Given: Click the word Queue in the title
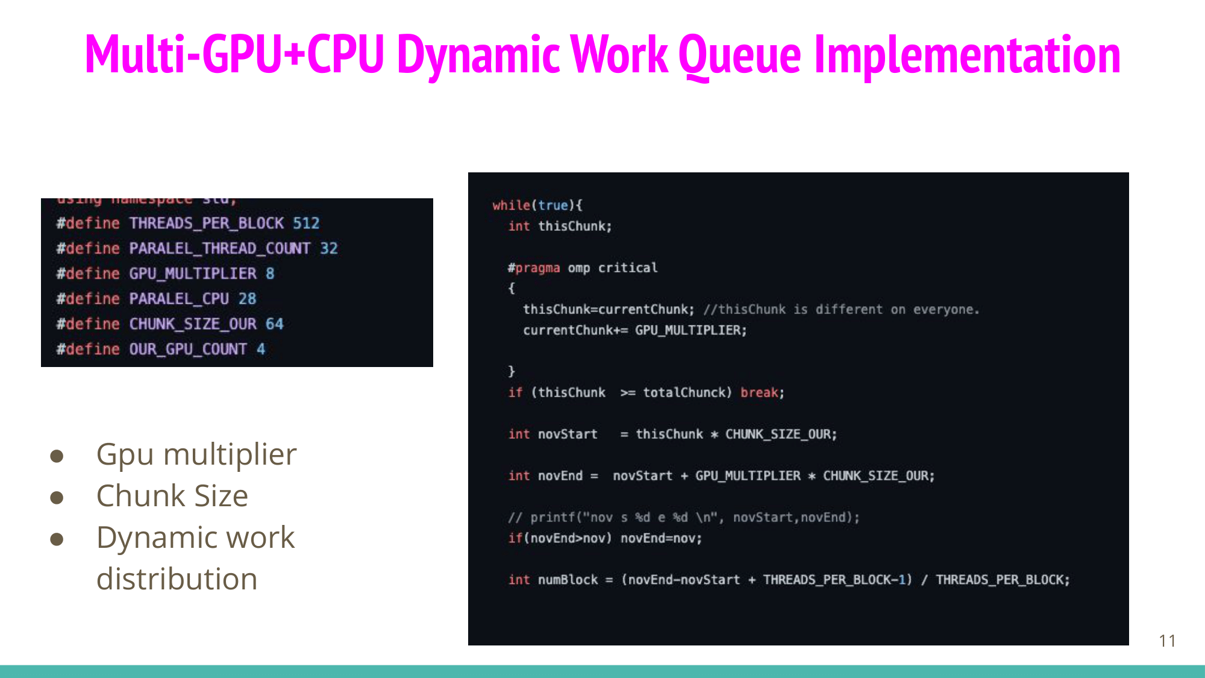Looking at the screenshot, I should tap(739, 55).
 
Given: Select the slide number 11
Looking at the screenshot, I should tap(1167, 641).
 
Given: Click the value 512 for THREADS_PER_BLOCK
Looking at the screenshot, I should tap(306, 224).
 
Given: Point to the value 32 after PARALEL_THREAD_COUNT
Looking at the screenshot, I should tap(329, 248).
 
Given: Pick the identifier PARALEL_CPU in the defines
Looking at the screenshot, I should tap(179, 299).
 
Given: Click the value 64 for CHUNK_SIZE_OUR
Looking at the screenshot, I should tap(274, 324).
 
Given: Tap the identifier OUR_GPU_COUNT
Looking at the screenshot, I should tap(188, 350).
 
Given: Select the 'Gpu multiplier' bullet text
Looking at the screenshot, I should tap(196, 454).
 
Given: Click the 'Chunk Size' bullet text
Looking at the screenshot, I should tap(172, 496).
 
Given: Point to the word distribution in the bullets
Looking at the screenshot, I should tap(177, 579).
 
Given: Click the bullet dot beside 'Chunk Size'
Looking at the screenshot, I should tap(57, 498).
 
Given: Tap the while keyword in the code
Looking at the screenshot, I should tap(511, 206).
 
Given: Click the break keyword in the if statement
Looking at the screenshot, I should tap(759, 393).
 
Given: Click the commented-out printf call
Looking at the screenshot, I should tap(683, 518).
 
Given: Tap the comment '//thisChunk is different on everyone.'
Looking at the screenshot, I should tap(841, 310).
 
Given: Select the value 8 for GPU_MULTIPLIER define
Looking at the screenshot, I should tap(270, 274).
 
